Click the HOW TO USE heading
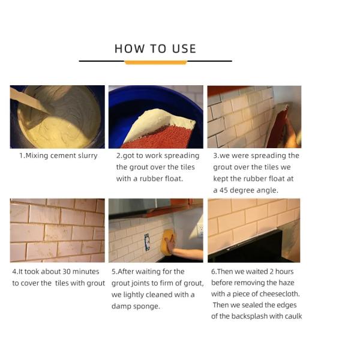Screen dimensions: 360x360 point(155,49)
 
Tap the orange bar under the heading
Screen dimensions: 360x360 point(155,62)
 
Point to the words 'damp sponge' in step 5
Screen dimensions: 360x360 point(133,305)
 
